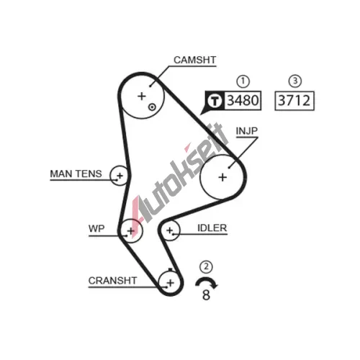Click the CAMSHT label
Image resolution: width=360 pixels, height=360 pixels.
tap(194, 60)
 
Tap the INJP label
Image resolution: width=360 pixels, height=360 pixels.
tap(246, 131)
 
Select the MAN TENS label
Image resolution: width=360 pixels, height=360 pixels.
tap(76, 174)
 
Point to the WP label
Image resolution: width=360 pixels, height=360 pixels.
tap(96, 228)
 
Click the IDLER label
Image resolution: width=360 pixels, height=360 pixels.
tap(212, 228)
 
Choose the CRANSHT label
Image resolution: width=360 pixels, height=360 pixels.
tap(112, 280)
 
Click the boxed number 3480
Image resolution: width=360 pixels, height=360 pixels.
tap(243, 100)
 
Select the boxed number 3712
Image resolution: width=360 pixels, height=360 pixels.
tap(294, 101)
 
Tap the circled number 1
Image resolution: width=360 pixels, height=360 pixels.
tap(243, 81)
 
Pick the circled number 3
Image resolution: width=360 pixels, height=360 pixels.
tap(295, 81)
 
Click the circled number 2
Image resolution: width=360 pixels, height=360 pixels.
tap(206, 266)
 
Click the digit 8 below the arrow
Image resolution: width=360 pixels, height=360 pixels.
tap(206, 294)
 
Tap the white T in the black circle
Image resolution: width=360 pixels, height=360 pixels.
tap(215, 101)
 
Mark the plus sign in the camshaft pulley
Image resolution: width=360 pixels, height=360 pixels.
tap(142, 96)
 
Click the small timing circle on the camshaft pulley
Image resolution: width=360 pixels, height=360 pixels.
tap(152, 107)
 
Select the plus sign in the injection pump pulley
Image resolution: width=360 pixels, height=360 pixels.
tap(222, 177)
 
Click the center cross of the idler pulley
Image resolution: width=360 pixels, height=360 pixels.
tap(170, 230)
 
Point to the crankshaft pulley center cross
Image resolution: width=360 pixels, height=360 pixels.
tap(171, 283)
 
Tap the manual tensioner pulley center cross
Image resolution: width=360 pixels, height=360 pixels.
tap(120, 176)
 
